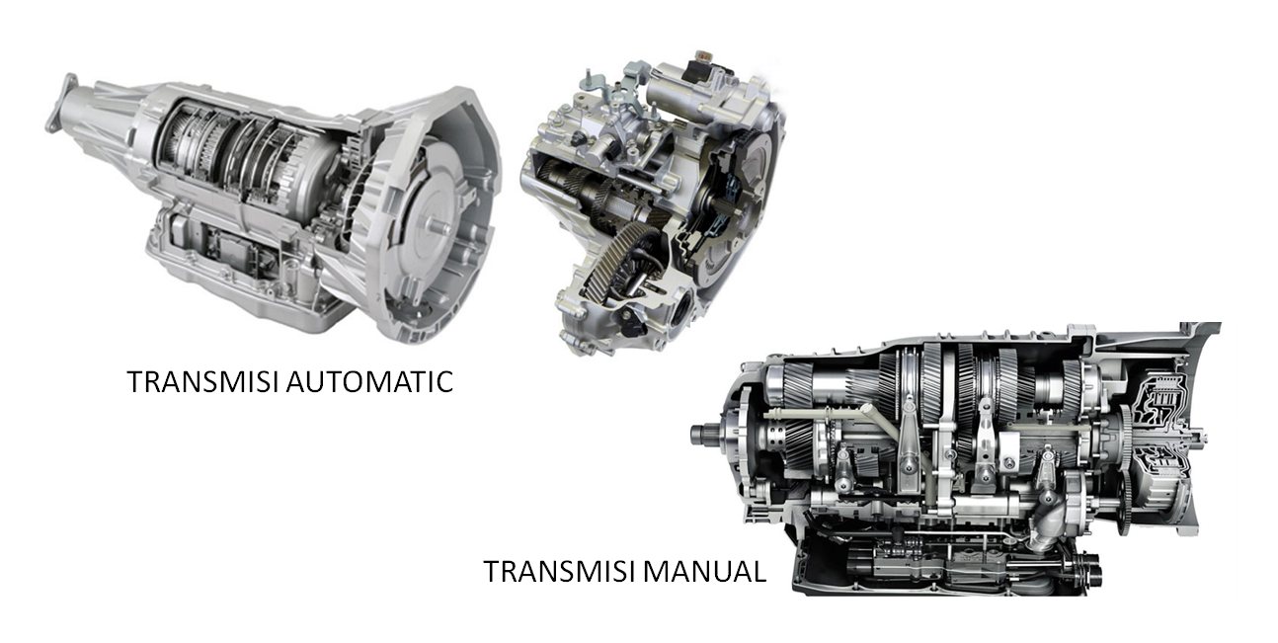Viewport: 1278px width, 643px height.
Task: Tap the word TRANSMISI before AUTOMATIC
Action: point(203,381)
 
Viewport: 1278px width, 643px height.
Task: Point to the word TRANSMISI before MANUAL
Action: point(560,571)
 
